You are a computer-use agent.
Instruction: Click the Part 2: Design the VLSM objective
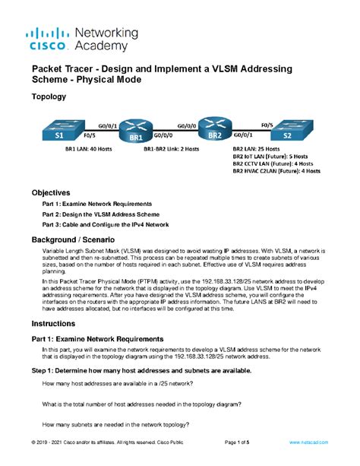click(99, 216)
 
